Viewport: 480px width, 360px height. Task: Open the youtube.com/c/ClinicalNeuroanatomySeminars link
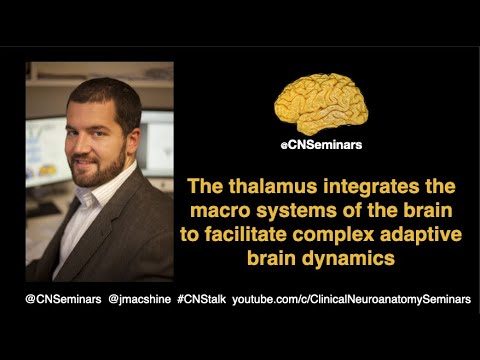click(x=350, y=299)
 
